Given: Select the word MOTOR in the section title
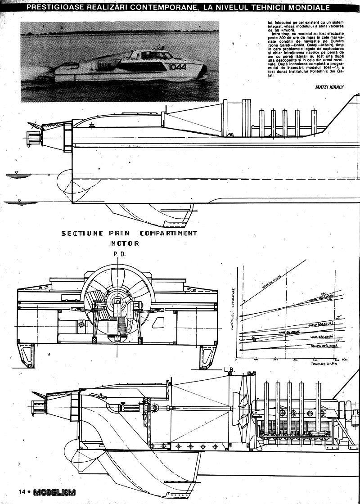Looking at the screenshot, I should pos(124,243).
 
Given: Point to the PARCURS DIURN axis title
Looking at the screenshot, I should pos(320,365).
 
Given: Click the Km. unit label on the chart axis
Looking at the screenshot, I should pos(346,360).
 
